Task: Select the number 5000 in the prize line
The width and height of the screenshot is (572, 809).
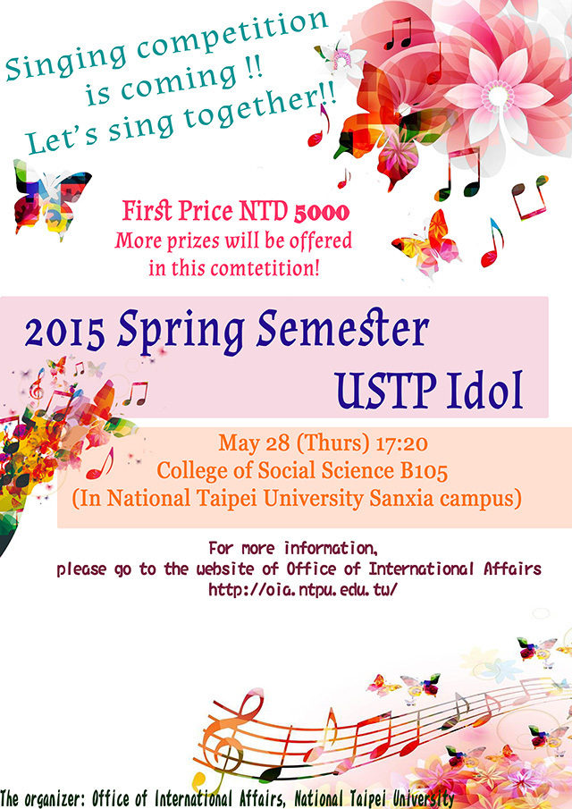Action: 322,212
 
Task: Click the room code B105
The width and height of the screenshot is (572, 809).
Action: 424,471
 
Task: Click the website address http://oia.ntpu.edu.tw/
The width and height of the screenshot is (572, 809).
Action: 303,589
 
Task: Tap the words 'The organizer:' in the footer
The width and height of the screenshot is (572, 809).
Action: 43,799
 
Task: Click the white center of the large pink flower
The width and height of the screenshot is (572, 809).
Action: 498,97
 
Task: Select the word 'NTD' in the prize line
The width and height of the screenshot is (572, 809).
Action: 263,211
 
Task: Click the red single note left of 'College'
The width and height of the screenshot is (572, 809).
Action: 101,463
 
